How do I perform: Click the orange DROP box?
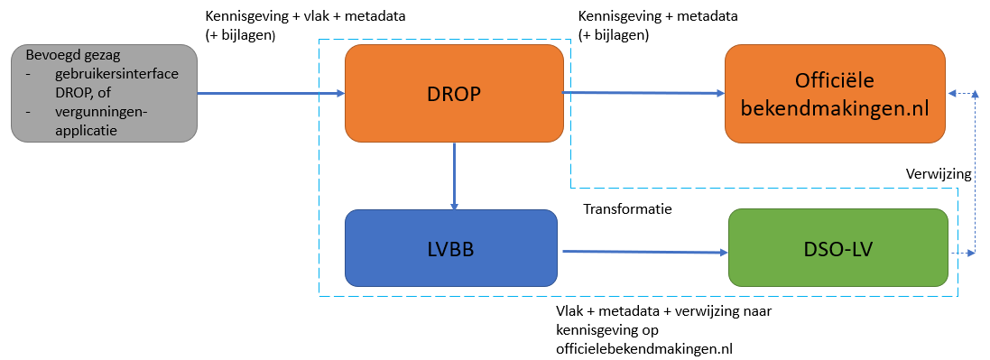pyautogui.click(x=454, y=94)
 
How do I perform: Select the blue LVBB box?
pyautogui.click(x=451, y=248)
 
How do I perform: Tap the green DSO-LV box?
pyautogui.click(x=838, y=247)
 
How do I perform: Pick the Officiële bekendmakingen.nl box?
pyautogui.click(x=835, y=94)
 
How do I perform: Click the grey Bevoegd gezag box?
pyautogui.click(x=104, y=94)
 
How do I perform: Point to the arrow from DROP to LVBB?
pyautogui.click(x=454, y=176)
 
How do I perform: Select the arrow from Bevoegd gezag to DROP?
pyautogui.click(x=271, y=94)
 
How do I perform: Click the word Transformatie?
pyautogui.click(x=627, y=209)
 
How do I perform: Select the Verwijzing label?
pyautogui.click(x=939, y=174)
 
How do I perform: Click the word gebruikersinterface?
pyautogui.click(x=116, y=74)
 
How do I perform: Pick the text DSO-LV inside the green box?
pyautogui.click(x=837, y=248)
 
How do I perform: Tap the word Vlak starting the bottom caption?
pyautogui.click(x=569, y=311)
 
